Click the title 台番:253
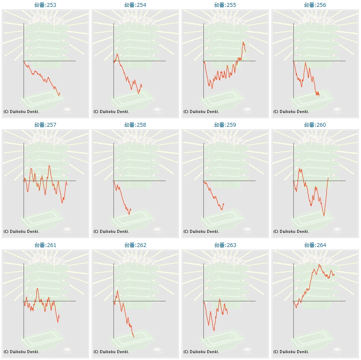click(x=45, y=5)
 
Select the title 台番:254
click(x=135, y=5)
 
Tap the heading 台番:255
click(x=225, y=5)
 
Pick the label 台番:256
click(x=315, y=5)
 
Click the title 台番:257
click(x=45, y=125)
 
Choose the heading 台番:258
click(x=135, y=125)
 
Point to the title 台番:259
click(x=225, y=125)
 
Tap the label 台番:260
click(x=315, y=125)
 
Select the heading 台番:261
click(x=45, y=245)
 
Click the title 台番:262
click(x=135, y=245)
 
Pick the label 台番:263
click(x=225, y=245)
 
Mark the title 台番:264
click(x=315, y=245)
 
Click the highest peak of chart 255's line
click(x=243, y=42)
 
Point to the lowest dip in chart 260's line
click(x=324, y=216)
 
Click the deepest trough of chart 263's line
click(x=214, y=330)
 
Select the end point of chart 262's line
click(x=134, y=337)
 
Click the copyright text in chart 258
click(x=111, y=232)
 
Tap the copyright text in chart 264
click(x=291, y=352)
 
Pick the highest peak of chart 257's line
click(x=49, y=165)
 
